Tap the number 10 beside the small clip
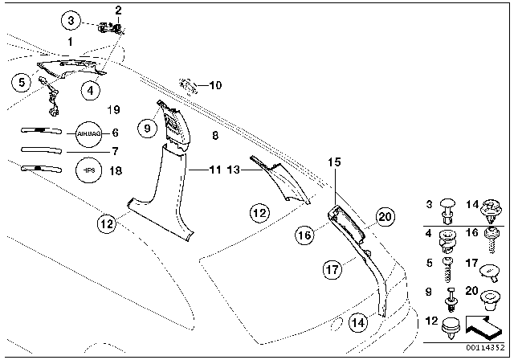click(214, 84)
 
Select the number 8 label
click(215, 137)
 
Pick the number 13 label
click(235, 170)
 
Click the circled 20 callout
click(385, 215)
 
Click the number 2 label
click(119, 10)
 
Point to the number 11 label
click(215, 170)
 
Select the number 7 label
click(114, 151)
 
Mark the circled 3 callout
click(71, 19)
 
